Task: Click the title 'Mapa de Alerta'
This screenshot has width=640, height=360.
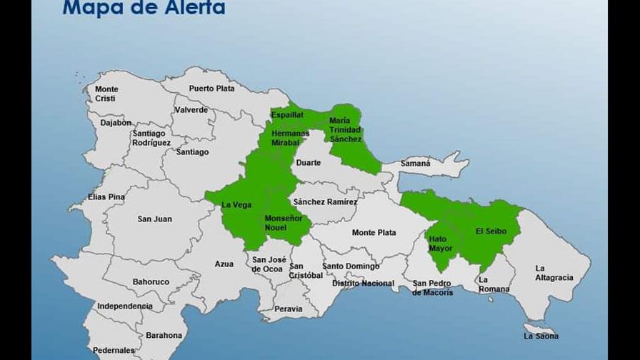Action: (144, 8)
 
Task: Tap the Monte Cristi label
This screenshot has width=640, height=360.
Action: (106, 94)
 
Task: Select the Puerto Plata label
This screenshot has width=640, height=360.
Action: (211, 89)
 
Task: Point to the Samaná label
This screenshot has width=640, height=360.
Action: (416, 164)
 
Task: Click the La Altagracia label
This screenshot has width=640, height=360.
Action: (554, 273)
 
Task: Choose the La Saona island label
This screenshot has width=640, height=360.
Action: (541, 336)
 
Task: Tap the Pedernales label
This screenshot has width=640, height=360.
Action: (114, 351)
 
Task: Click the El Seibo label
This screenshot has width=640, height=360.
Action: (490, 231)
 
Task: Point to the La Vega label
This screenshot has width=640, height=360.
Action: (236, 205)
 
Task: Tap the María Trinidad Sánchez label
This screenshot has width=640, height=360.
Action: (345, 130)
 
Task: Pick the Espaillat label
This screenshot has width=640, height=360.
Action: (287, 114)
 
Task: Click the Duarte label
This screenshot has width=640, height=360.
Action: (309, 163)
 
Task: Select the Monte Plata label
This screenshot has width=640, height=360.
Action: (374, 233)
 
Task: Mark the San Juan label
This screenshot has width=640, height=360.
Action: (154, 219)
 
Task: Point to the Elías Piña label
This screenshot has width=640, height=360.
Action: (106, 197)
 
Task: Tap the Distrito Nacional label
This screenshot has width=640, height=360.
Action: (363, 284)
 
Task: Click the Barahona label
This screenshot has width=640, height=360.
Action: (164, 335)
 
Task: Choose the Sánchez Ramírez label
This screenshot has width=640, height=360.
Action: (325, 202)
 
